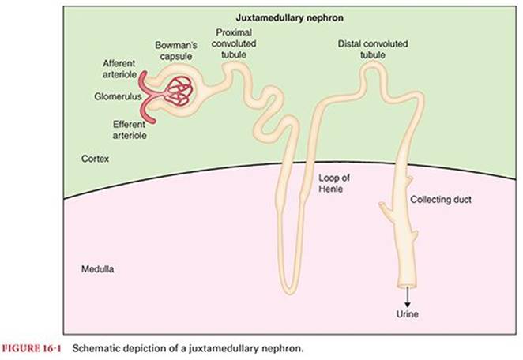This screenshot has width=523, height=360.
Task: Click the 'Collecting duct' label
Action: [x=441, y=200]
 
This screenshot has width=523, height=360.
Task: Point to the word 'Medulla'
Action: [x=98, y=268]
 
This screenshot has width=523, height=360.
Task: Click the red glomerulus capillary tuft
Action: [x=180, y=92]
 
